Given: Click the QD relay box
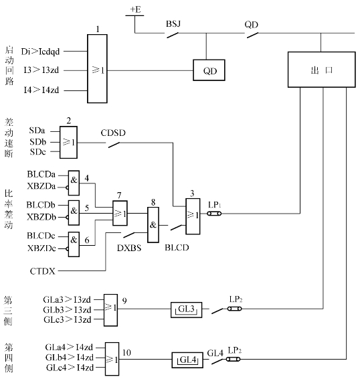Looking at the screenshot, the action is pyautogui.click(x=209, y=70).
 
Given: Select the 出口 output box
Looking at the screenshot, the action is pyautogui.click(x=322, y=70).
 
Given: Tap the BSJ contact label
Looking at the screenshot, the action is pyautogui.click(x=173, y=24).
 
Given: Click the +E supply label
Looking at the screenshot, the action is pyautogui.click(x=135, y=9).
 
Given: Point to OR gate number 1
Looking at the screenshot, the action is pyautogui.click(x=97, y=69).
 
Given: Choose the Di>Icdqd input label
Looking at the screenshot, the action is pyautogui.click(x=40, y=52).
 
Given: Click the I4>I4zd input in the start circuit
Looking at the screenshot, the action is pyautogui.click(x=41, y=90).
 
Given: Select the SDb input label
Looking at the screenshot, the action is pyautogui.click(x=37, y=142).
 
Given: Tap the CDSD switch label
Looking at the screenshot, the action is pyautogui.click(x=113, y=133).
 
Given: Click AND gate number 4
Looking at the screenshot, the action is pyautogui.click(x=74, y=183).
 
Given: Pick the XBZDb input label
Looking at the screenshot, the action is pyautogui.click(x=41, y=217).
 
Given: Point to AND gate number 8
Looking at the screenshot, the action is pyautogui.click(x=153, y=225).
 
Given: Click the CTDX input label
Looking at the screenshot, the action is pyautogui.click(x=43, y=271).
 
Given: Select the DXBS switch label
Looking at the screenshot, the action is pyautogui.click(x=129, y=248).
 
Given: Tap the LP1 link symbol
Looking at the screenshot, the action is pyautogui.click(x=214, y=214).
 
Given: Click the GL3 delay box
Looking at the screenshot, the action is pyautogui.click(x=186, y=310).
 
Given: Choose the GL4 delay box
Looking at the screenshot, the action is pyautogui.click(x=187, y=360).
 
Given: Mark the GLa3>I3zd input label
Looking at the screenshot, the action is pyautogui.click(x=67, y=299).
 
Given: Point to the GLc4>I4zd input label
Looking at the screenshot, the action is pyautogui.click(x=70, y=368).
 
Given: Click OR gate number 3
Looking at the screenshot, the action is pyautogui.click(x=193, y=216).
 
